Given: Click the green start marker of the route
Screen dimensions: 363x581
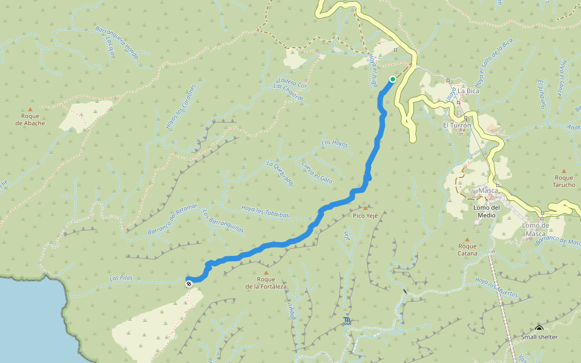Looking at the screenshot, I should pyautogui.click(x=393, y=79).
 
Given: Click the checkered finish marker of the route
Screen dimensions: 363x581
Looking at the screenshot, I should pyautogui.click(x=189, y=283).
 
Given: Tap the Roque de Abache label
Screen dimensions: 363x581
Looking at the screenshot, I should pyautogui.click(x=30, y=119).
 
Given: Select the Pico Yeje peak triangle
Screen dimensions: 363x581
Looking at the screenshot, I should pyautogui.click(x=366, y=208).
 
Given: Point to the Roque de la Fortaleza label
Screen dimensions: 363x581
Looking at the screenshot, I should pyautogui.click(x=266, y=283).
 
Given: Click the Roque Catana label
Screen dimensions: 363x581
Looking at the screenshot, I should pyautogui.click(x=467, y=249).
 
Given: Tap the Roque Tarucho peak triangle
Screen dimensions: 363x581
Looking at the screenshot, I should pyautogui.click(x=564, y=171).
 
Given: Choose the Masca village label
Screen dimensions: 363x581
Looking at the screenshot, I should pyautogui.click(x=488, y=191).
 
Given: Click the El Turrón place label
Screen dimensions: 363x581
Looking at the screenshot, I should pyautogui.click(x=457, y=125).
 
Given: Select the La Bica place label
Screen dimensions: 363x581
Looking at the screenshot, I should pyautogui.click(x=468, y=91).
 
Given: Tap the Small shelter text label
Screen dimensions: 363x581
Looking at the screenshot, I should pyautogui.click(x=539, y=337).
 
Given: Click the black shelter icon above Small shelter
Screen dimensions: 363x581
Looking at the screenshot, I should pyautogui.click(x=539, y=329).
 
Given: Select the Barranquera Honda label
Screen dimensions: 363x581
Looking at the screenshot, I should pyautogui.click(x=117, y=42).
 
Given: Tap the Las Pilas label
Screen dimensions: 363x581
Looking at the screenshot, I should pyautogui.click(x=120, y=278).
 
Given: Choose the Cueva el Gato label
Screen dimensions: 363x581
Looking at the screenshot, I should pyautogui.click(x=317, y=172).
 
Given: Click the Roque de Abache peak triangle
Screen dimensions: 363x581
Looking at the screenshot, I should pyautogui.click(x=30, y=109).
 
